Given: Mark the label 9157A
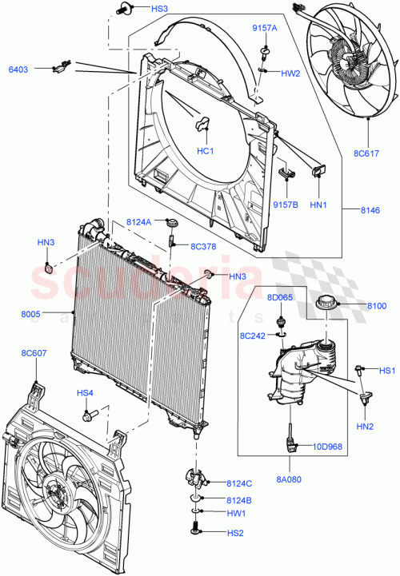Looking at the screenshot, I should pos(265,28).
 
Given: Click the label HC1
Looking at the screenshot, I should pos(205,152).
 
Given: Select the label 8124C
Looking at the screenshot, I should pos(238,483).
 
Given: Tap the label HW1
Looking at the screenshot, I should pos(236,513).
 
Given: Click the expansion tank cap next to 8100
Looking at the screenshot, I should pos(327,304).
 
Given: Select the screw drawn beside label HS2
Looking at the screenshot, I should pos(197,529).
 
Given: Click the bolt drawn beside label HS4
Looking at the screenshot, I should pos(89,415).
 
